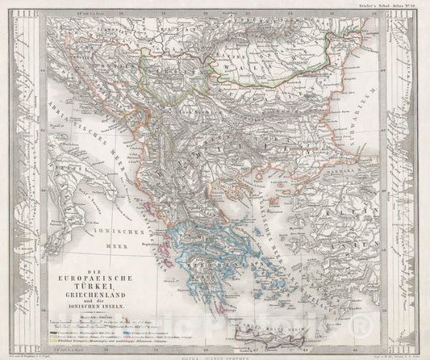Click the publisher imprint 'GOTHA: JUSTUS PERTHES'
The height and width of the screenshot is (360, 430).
pyautogui.click(x=214, y=350)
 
